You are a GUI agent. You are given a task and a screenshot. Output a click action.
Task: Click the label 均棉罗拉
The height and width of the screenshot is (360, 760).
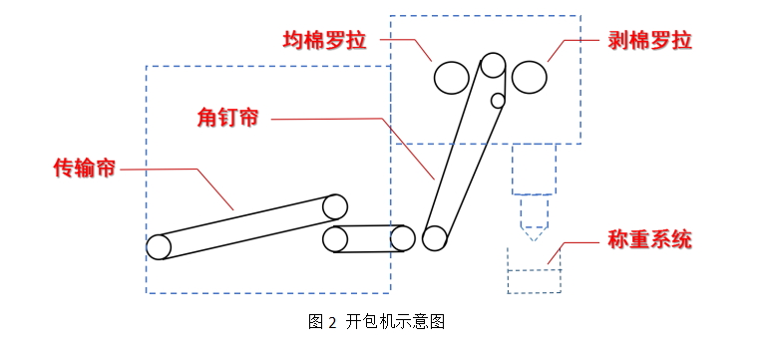coord(324,41)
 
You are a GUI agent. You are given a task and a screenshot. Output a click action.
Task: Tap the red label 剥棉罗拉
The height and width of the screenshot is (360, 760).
coord(649,41)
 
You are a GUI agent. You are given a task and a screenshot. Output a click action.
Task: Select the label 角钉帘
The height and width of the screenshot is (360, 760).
coord(228,118)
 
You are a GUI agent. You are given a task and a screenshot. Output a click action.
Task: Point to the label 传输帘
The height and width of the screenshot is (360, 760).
coord(84,168)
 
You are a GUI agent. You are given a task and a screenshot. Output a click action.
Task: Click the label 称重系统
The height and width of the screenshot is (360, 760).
coord(649,240)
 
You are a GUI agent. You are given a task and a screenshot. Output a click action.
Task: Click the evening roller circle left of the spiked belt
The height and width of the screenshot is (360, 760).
coord(451,77)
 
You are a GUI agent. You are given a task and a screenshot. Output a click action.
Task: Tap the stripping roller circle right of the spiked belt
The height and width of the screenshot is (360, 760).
coord(530,76)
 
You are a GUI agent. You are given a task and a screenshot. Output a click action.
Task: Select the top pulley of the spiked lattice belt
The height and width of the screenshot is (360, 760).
coord(493,66)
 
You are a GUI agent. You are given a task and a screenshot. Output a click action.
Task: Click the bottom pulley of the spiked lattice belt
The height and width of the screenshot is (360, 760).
coord(434,238)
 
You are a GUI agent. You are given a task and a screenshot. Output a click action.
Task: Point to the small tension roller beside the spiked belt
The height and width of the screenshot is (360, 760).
coord(498,100)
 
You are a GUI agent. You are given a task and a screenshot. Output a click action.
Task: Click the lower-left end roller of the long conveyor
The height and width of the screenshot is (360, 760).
coord(159,246)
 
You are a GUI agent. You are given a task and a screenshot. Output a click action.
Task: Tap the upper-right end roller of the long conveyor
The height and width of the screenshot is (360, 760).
coord(335,206)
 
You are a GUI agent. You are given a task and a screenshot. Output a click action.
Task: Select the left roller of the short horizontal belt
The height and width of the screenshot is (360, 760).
coord(335,239)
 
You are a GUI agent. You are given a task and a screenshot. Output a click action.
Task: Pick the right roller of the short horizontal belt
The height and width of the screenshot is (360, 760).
coord(402,238)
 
